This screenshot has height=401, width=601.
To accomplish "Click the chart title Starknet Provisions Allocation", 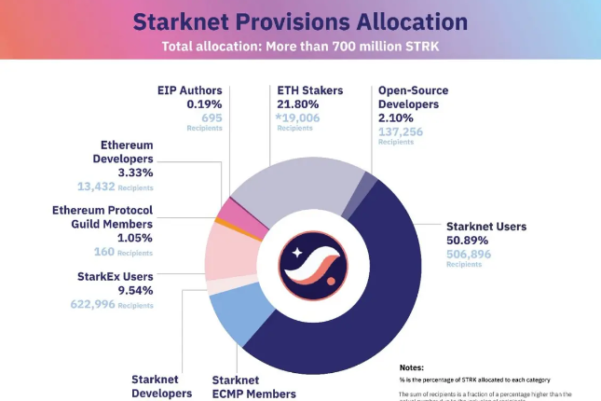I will [x=300, y=21].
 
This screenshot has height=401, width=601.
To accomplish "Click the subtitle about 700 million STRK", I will [x=300, y=46].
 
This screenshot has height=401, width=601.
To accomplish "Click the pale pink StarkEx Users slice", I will [x=222, y=252].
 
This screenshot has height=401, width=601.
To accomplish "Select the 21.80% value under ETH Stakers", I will [x=297, y=104].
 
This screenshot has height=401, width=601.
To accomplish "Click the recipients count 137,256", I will [x=401, y=131].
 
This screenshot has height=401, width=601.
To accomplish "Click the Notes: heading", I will [x=417, y=367].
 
